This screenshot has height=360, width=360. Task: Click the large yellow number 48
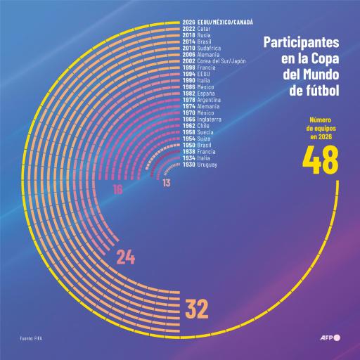pos(320,162)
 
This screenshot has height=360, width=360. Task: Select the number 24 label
pos(125,257)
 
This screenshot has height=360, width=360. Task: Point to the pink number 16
pos(117,190)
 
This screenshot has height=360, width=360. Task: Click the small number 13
pos(165,183)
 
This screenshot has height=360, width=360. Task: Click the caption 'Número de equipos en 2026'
pos(320,128)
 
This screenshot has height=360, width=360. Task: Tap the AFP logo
pos(328,337)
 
